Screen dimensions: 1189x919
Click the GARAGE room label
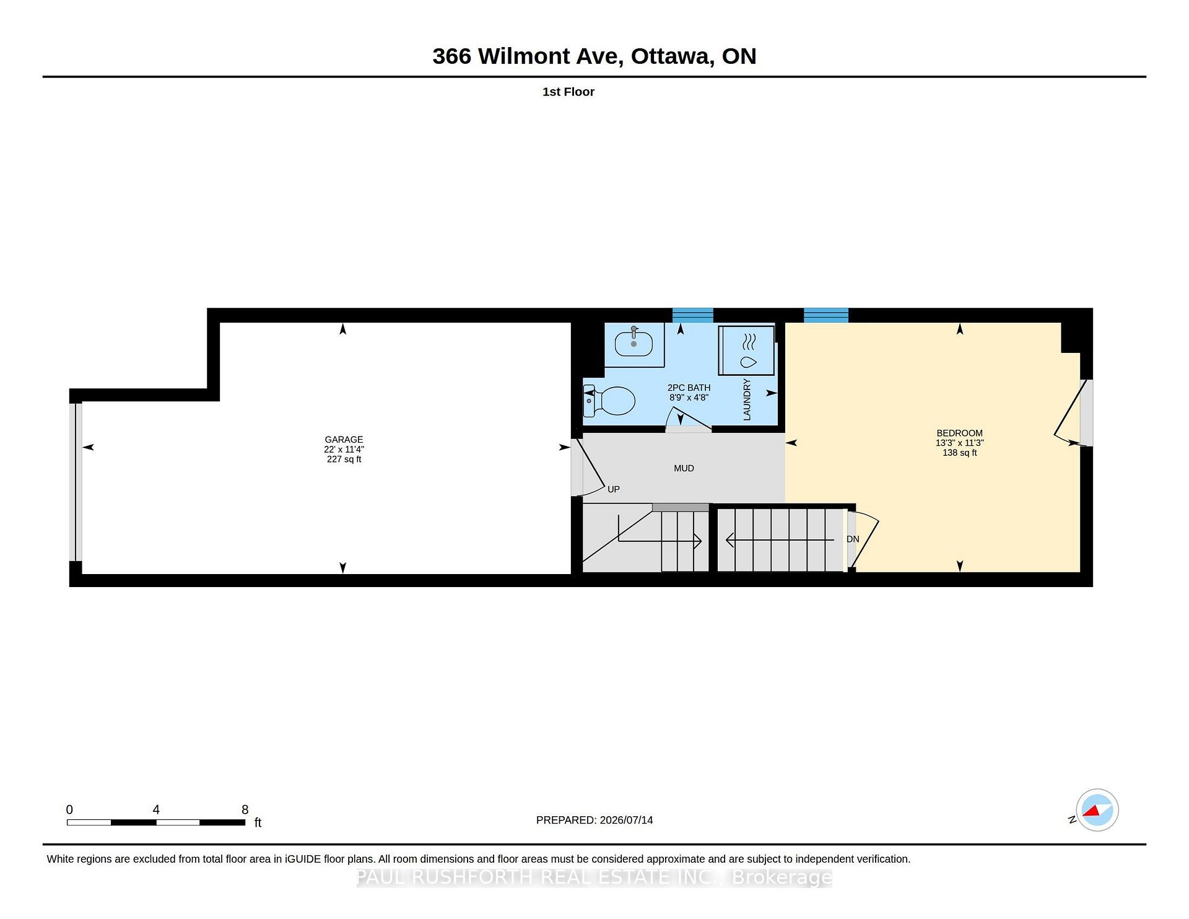coord(344,440)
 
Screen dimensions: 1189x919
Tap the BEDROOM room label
coord(959,433)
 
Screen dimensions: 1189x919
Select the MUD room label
coord(684,468)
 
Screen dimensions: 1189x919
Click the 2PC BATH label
coord(689,388)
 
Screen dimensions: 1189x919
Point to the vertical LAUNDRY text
coord(747,399)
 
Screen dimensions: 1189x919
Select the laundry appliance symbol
coord(746,351)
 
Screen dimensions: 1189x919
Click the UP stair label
coord(614,489)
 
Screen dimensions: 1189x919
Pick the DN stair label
coord(853,539)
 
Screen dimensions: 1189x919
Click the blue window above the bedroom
coord(826,315)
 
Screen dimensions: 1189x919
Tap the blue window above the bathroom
coord(693,315)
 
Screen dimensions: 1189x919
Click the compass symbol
coord(1097,810)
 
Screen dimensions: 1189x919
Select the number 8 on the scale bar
coord(245,809)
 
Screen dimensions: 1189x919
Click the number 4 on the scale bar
coord(156,809)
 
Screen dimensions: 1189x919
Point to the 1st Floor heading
coord(568,92)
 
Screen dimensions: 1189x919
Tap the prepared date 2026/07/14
coord(626,820)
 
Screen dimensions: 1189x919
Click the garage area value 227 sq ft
coord(344,459)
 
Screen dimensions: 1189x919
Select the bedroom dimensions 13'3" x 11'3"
coord(959,443)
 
